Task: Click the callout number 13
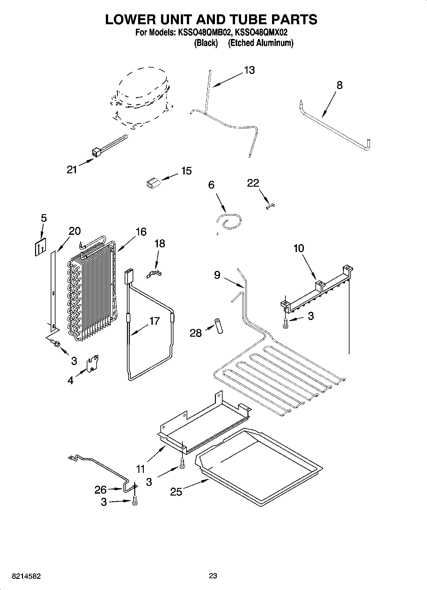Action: (x=249, y=70)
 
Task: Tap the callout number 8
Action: (x=339, y=85)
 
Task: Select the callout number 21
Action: (x=72, y=169)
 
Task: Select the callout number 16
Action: (x=141, y=232)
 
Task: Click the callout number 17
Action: (x=154, y=321)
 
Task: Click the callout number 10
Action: (x=299, y=248)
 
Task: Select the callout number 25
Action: (x=176, y=492)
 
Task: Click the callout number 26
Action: (x=100, y=489)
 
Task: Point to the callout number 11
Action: (x=141, y=469)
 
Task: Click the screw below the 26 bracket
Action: (x=135, y=500)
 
